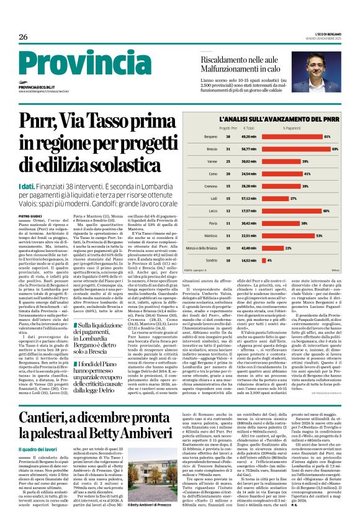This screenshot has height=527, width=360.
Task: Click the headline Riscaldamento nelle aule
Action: coord(242,58)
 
